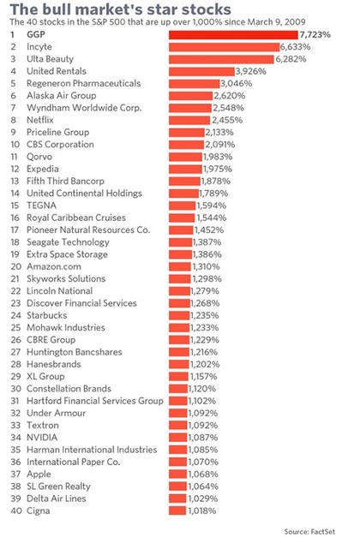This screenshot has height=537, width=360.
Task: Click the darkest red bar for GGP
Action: coord(233,34)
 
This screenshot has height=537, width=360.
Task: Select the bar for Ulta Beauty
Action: coord(221,59)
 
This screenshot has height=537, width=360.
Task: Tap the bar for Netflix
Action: coord(189,120)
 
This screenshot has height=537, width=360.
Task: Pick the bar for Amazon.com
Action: coord(180,267)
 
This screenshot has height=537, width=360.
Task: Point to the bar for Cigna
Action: coord(177,511)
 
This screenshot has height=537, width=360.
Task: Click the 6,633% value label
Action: coord(295,47)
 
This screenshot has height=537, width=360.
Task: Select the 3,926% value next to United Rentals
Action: coord(250,71)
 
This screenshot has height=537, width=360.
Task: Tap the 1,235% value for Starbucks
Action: coord(205,315)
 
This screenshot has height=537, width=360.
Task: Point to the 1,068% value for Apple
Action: coord(203,474)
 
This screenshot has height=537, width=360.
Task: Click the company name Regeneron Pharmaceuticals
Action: coord(84,84)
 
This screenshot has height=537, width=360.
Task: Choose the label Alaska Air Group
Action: coord(62,96)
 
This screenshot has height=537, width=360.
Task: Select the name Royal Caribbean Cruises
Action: coord(76,218)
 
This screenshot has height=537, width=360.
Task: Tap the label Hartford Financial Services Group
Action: coord(95,401)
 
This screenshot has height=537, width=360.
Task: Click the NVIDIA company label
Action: coord(42,438)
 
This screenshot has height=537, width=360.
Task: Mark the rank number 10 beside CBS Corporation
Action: coord(15,145)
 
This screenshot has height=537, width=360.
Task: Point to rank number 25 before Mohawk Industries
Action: coord(15,328)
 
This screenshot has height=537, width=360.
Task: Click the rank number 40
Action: coord(16,511)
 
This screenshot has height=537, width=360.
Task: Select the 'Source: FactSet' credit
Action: coord(309,532)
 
